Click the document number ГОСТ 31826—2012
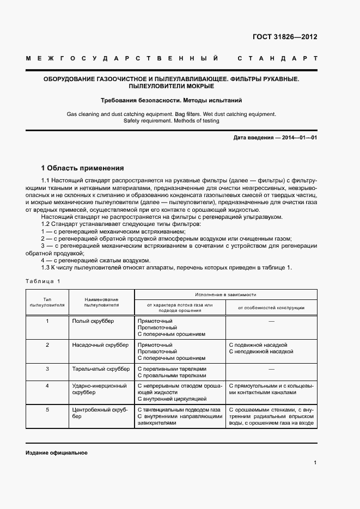click(285, 38)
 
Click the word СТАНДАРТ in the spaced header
click(277, 58)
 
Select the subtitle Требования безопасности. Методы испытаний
click(172, 101)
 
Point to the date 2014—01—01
click(300, 138)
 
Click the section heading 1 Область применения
click(83, 168)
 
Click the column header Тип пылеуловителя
click(47, 302)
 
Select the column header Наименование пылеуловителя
click(101, 302)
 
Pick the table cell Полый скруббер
click(93, 321)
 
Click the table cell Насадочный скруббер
click(100, 345)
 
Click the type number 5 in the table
click(47, 409)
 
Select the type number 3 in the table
click(47, 369)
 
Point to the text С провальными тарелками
click(172, 375)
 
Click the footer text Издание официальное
click(56, 453)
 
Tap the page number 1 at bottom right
click(315, 463)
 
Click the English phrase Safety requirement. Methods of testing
click(172, 121)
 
